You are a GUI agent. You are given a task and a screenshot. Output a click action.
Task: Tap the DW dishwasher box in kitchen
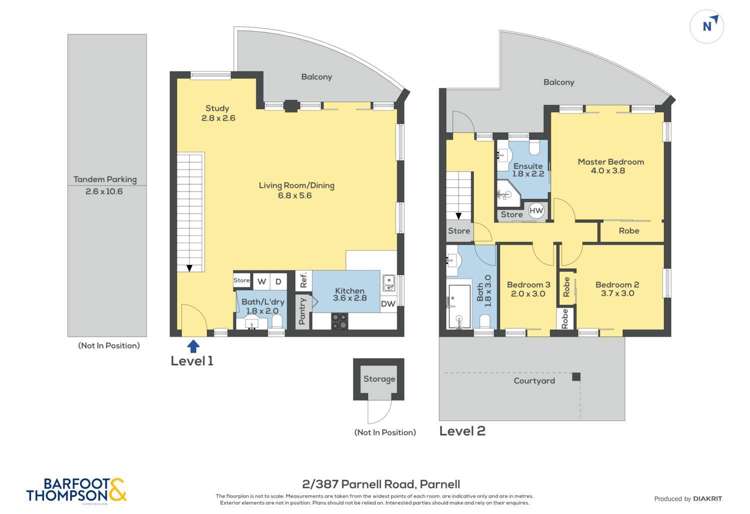pos(389,305)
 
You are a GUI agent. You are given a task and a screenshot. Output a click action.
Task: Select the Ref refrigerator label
pos(301,281)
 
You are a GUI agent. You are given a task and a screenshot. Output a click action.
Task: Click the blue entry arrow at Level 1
pos(192,344)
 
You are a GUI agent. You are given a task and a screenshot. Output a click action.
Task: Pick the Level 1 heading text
pos(194,360)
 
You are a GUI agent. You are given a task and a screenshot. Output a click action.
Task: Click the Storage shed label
pos(380,379)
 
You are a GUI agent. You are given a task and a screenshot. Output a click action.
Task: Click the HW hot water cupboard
pos(536,210)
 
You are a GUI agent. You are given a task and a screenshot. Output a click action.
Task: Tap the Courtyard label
pos(534,381)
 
